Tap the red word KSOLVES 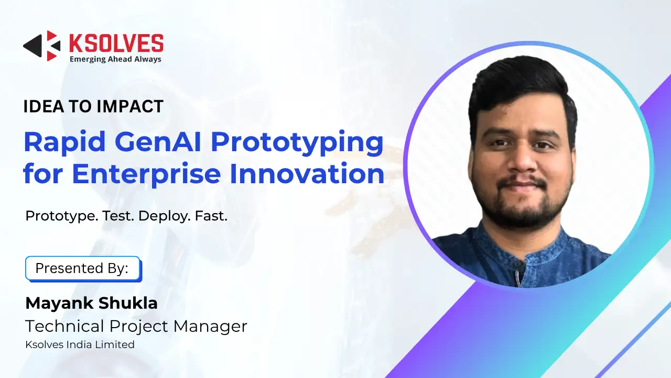click(x=116, y=43)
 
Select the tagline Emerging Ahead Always click(x=115, y=59)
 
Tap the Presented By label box click(x=83, y=268)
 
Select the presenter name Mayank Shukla click(x=91, y=303)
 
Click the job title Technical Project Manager click(x=136, y=326)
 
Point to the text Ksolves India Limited click(x=80, y=344)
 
